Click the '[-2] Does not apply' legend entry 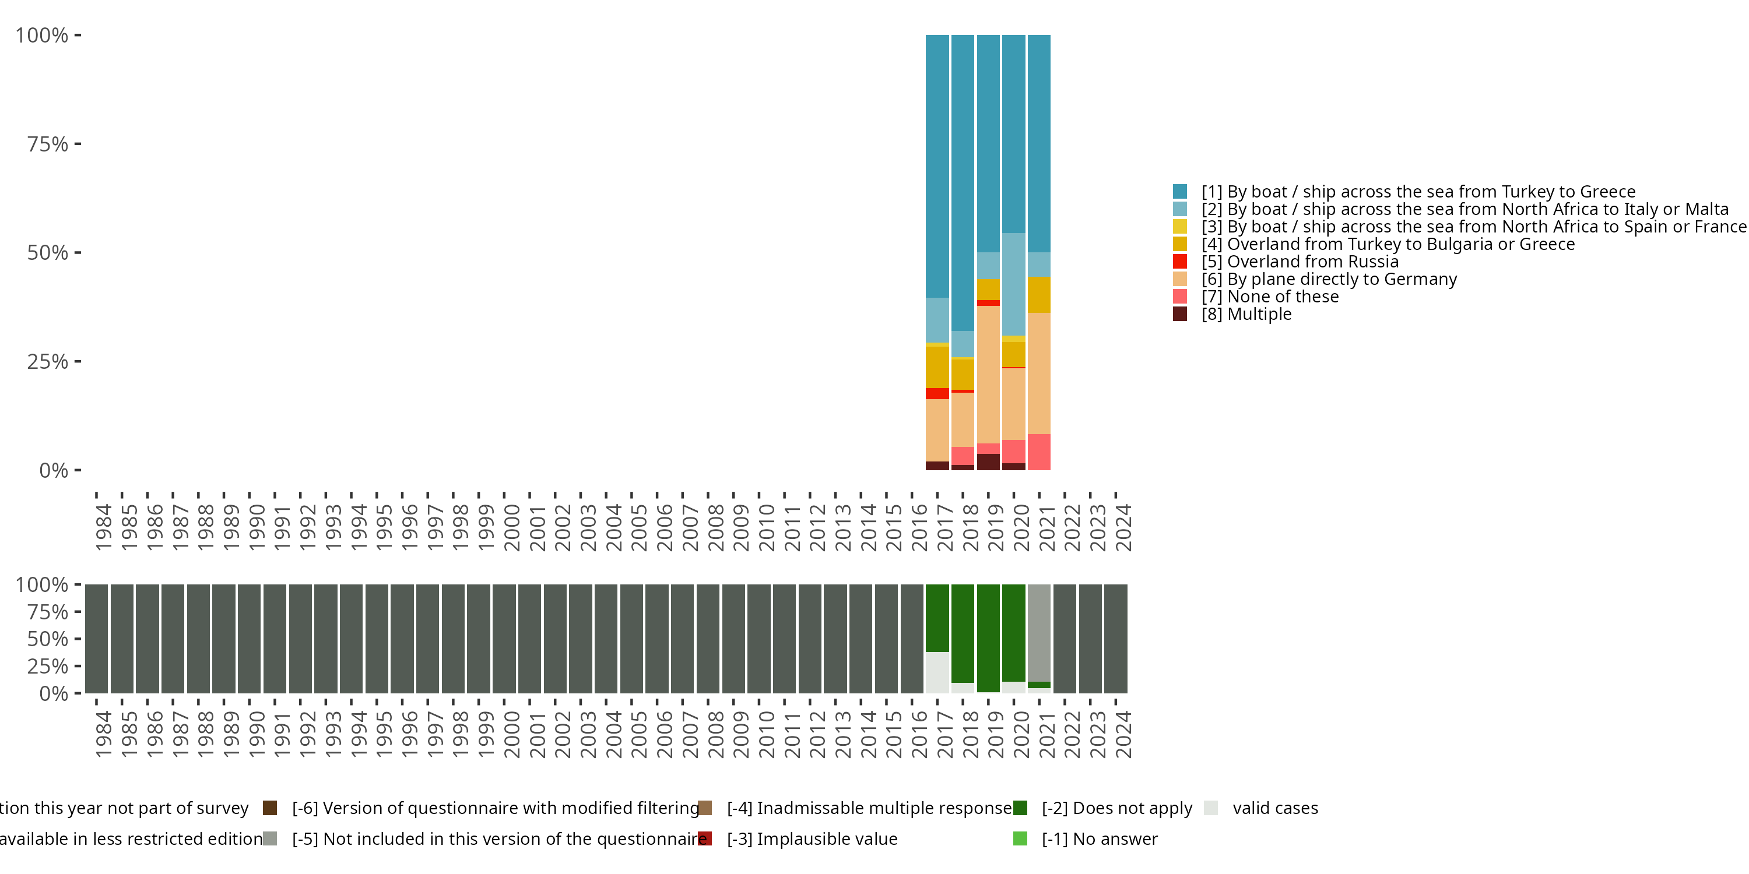coord(1116,808)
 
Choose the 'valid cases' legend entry coord(1274,808)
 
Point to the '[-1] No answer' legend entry coord(1099,838)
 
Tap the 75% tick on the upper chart coord(48,144)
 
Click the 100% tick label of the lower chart coord(41,585)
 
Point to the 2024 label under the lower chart coord(1123,734)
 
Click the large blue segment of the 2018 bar coord(962,183)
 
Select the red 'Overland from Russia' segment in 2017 coord(937,393)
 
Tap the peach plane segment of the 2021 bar coord(1039,373)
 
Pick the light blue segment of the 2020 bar coord(1014,284)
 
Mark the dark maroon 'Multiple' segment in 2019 coord(988,462)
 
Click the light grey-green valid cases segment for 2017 coord(937,672)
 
